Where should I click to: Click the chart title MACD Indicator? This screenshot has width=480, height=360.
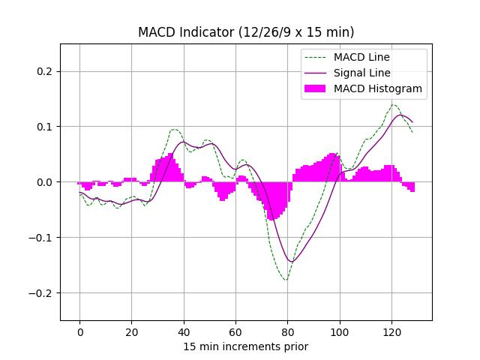(x=246, y=32)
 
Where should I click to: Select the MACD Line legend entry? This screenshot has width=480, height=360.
(x=362, y=57)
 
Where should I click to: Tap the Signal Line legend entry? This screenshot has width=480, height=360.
(x=362, y=73)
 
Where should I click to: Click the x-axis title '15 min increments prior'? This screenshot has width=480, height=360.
(x=246, y=346)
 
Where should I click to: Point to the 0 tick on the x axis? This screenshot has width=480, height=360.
(x=79, y=331)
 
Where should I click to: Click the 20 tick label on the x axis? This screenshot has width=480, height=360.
(x=131, y=331)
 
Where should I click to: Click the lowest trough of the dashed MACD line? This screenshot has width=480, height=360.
(x=286, y=280)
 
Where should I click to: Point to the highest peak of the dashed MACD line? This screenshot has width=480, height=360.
(x=394, y=105)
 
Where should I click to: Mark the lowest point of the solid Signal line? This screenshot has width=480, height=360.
(x=291, y=262)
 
